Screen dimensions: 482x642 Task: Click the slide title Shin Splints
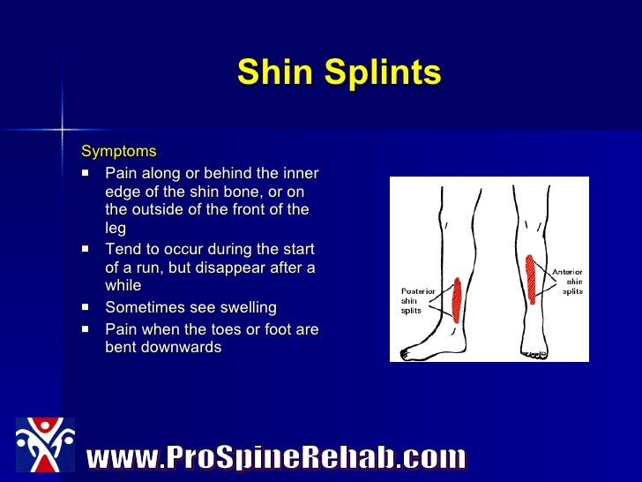click(339, 74)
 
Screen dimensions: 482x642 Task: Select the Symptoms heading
click(118, 152)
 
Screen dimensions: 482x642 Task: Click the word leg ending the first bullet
click(116, 228)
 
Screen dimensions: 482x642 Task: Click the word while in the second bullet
click(123, 286)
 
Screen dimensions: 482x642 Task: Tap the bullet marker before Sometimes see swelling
click(86, 308)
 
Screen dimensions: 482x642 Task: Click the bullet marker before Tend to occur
click(86, 250)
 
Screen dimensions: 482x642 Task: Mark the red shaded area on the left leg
click(456, 300)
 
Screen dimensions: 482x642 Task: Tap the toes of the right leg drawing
click(534, 354)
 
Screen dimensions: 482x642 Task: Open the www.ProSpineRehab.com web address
click(275, 457)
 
